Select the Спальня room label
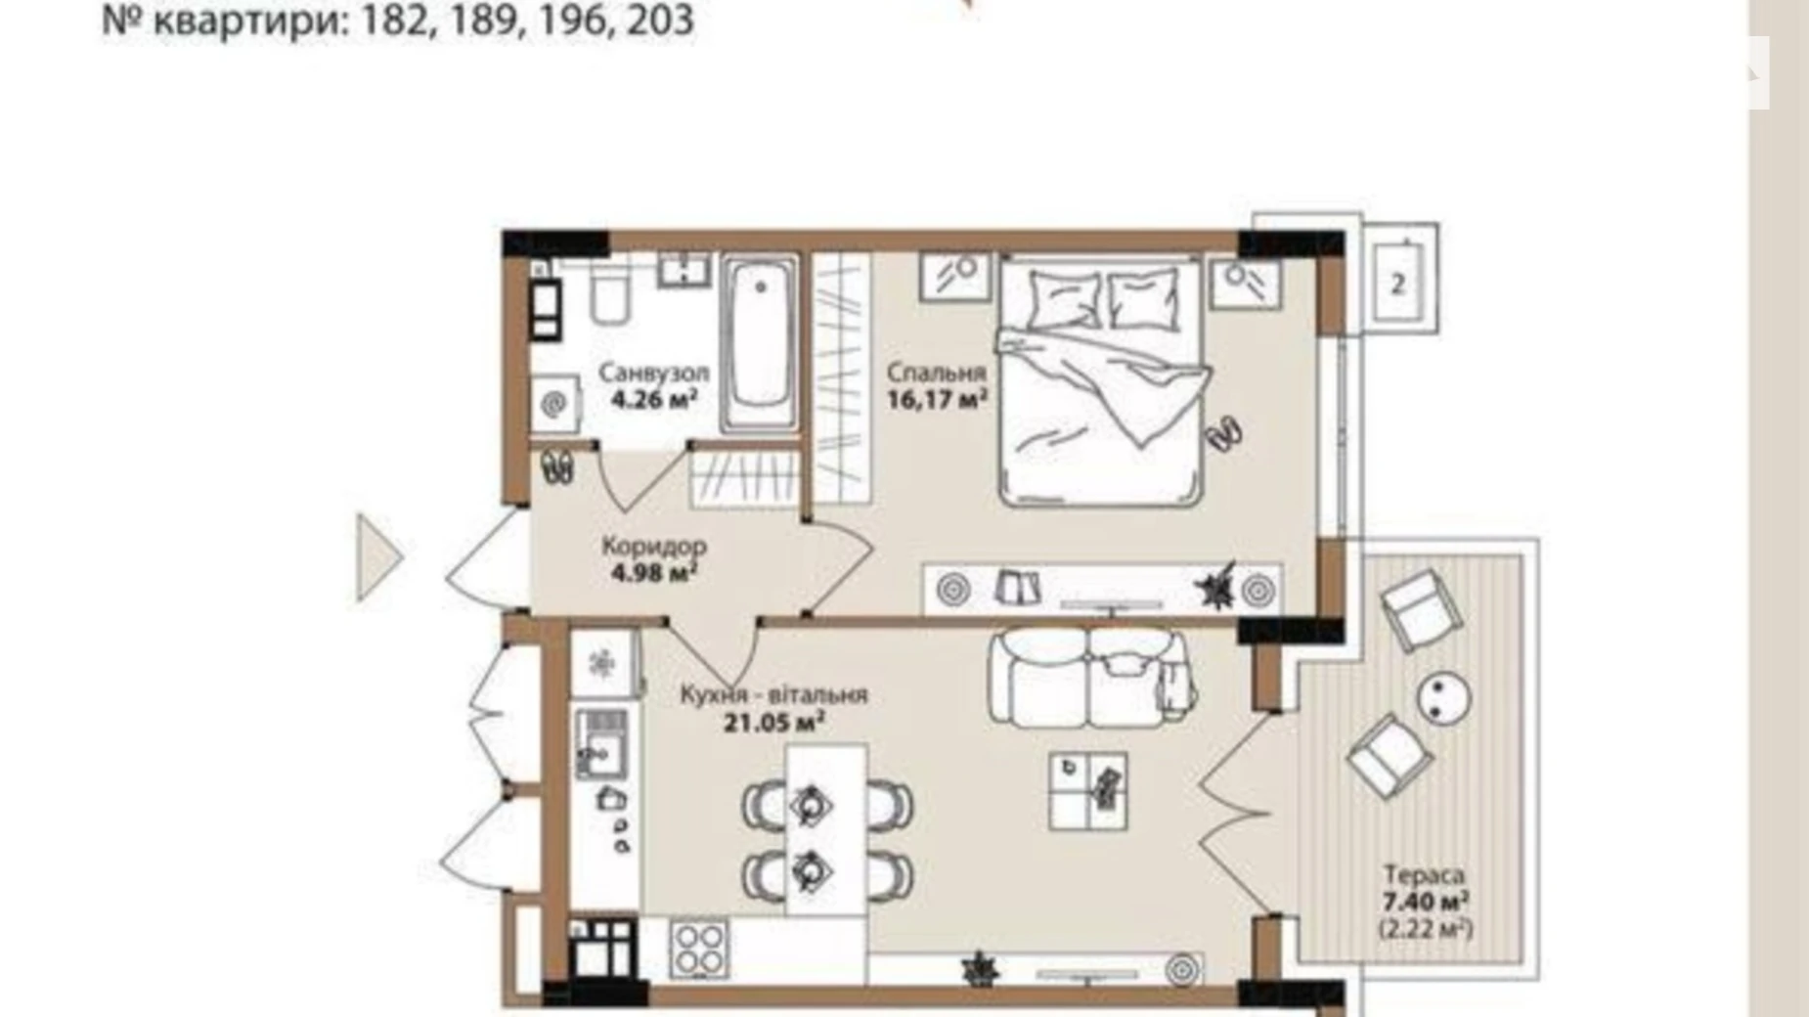[936, 373]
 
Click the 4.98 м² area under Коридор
[653, 572]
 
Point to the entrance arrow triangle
[377, 557]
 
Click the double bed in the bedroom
[1100, 381]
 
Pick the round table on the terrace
[1443, 698]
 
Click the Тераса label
[1423, 874]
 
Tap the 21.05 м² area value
[772, 724]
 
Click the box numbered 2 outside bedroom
[1397, 284]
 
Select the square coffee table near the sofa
[1087, 791]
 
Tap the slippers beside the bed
[1224, 432]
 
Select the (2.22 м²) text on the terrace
[1425, 928]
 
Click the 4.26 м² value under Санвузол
[653, 399]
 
